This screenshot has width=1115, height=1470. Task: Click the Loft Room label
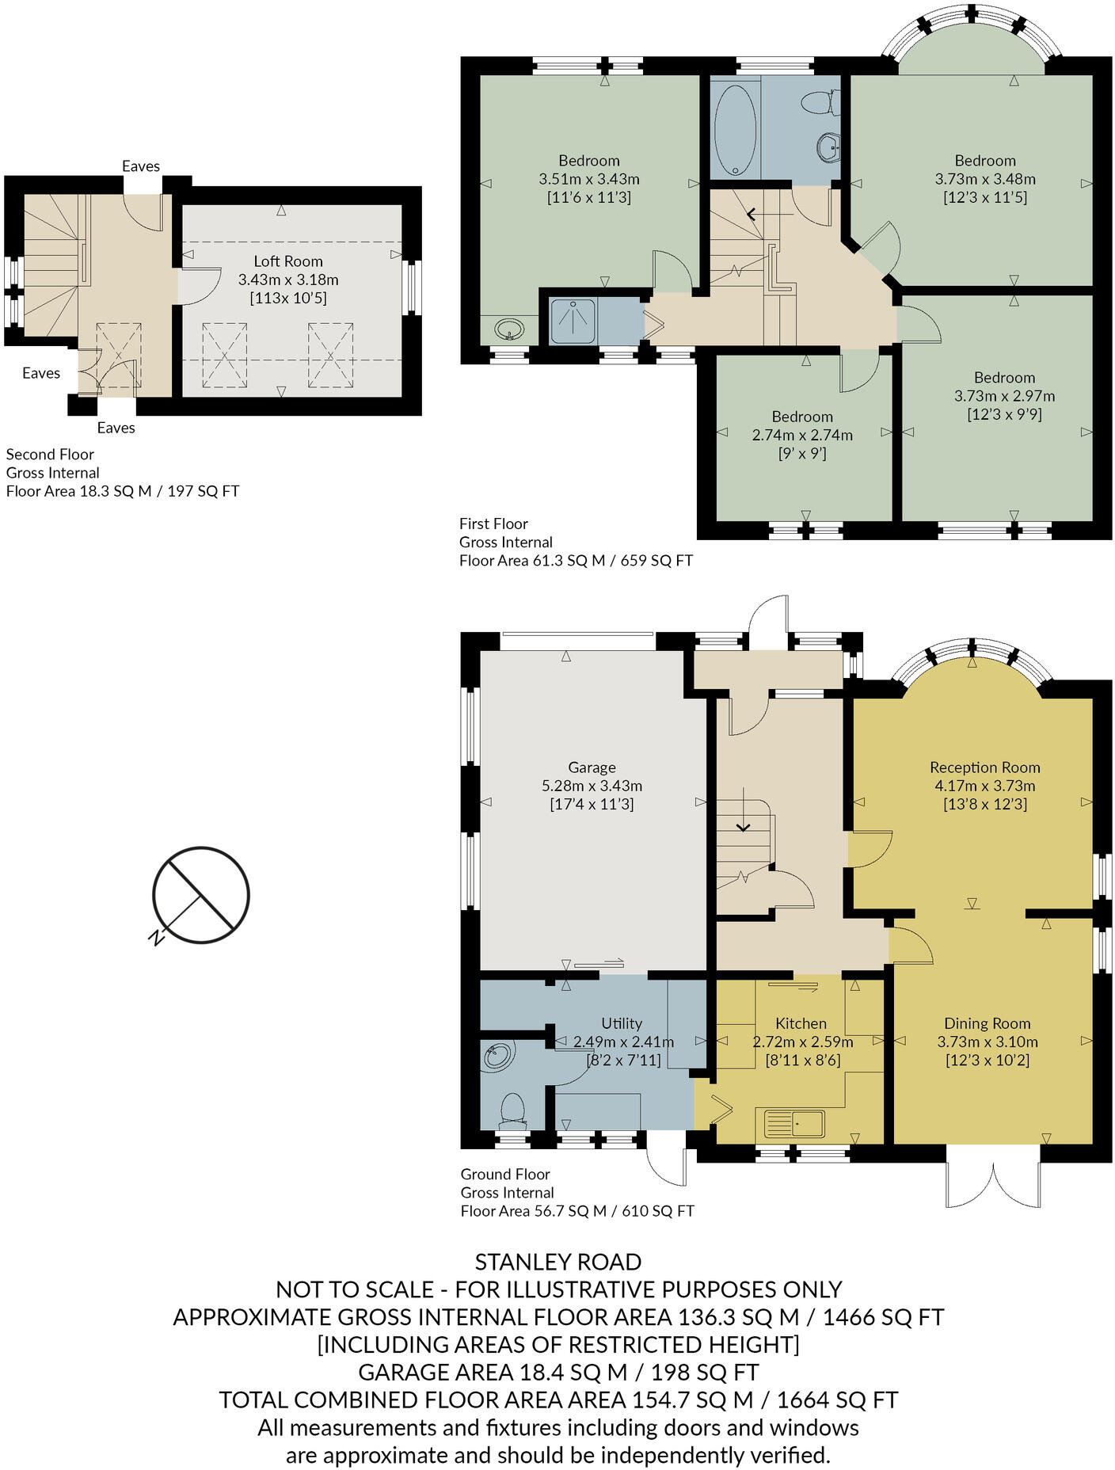pos(287,261)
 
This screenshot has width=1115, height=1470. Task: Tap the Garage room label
pos(592,767)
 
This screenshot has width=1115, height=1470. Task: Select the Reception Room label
pos(984,767)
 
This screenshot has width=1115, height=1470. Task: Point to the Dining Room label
pos(987,1023)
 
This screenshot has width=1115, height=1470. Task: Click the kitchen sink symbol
pos(794,1123)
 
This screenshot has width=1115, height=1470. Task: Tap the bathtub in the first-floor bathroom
pos(735,129)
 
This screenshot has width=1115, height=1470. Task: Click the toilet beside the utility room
pos(513,1110)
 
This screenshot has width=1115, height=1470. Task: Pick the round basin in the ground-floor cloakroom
pos(498,1056)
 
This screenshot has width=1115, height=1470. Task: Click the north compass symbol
pos(200,896)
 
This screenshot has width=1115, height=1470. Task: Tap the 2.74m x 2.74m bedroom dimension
pos(802,435)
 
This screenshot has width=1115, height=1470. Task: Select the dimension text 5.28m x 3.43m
pos(592,786)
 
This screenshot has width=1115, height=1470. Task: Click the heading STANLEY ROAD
pos(557,1262)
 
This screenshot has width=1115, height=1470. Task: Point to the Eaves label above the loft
pos(141,166)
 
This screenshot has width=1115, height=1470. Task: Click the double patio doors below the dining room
pos(992,1176)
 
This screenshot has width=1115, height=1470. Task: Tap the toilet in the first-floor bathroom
pos(817,102)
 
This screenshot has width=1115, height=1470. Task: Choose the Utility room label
pos(622,1023)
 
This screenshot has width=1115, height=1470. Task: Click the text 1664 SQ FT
pos(837,1400)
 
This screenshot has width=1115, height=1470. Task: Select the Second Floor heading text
pos(50,455)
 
